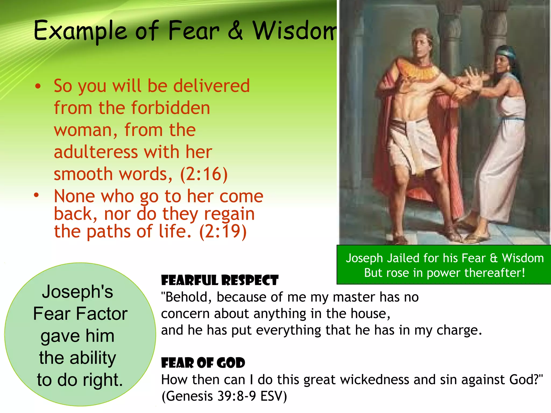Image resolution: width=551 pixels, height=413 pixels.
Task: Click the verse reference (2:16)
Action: (x=204, y=174)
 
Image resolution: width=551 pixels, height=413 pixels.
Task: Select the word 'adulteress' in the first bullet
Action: (x=96, y=152)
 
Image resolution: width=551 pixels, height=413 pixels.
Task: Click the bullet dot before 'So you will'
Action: (x=38, y=86)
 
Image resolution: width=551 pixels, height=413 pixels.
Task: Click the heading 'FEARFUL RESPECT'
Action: (x=220, y=280)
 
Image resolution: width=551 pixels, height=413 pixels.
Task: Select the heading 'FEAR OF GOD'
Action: (x=203, y=363)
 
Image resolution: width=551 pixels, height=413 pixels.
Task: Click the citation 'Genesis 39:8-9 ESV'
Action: (x=224, y=396)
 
